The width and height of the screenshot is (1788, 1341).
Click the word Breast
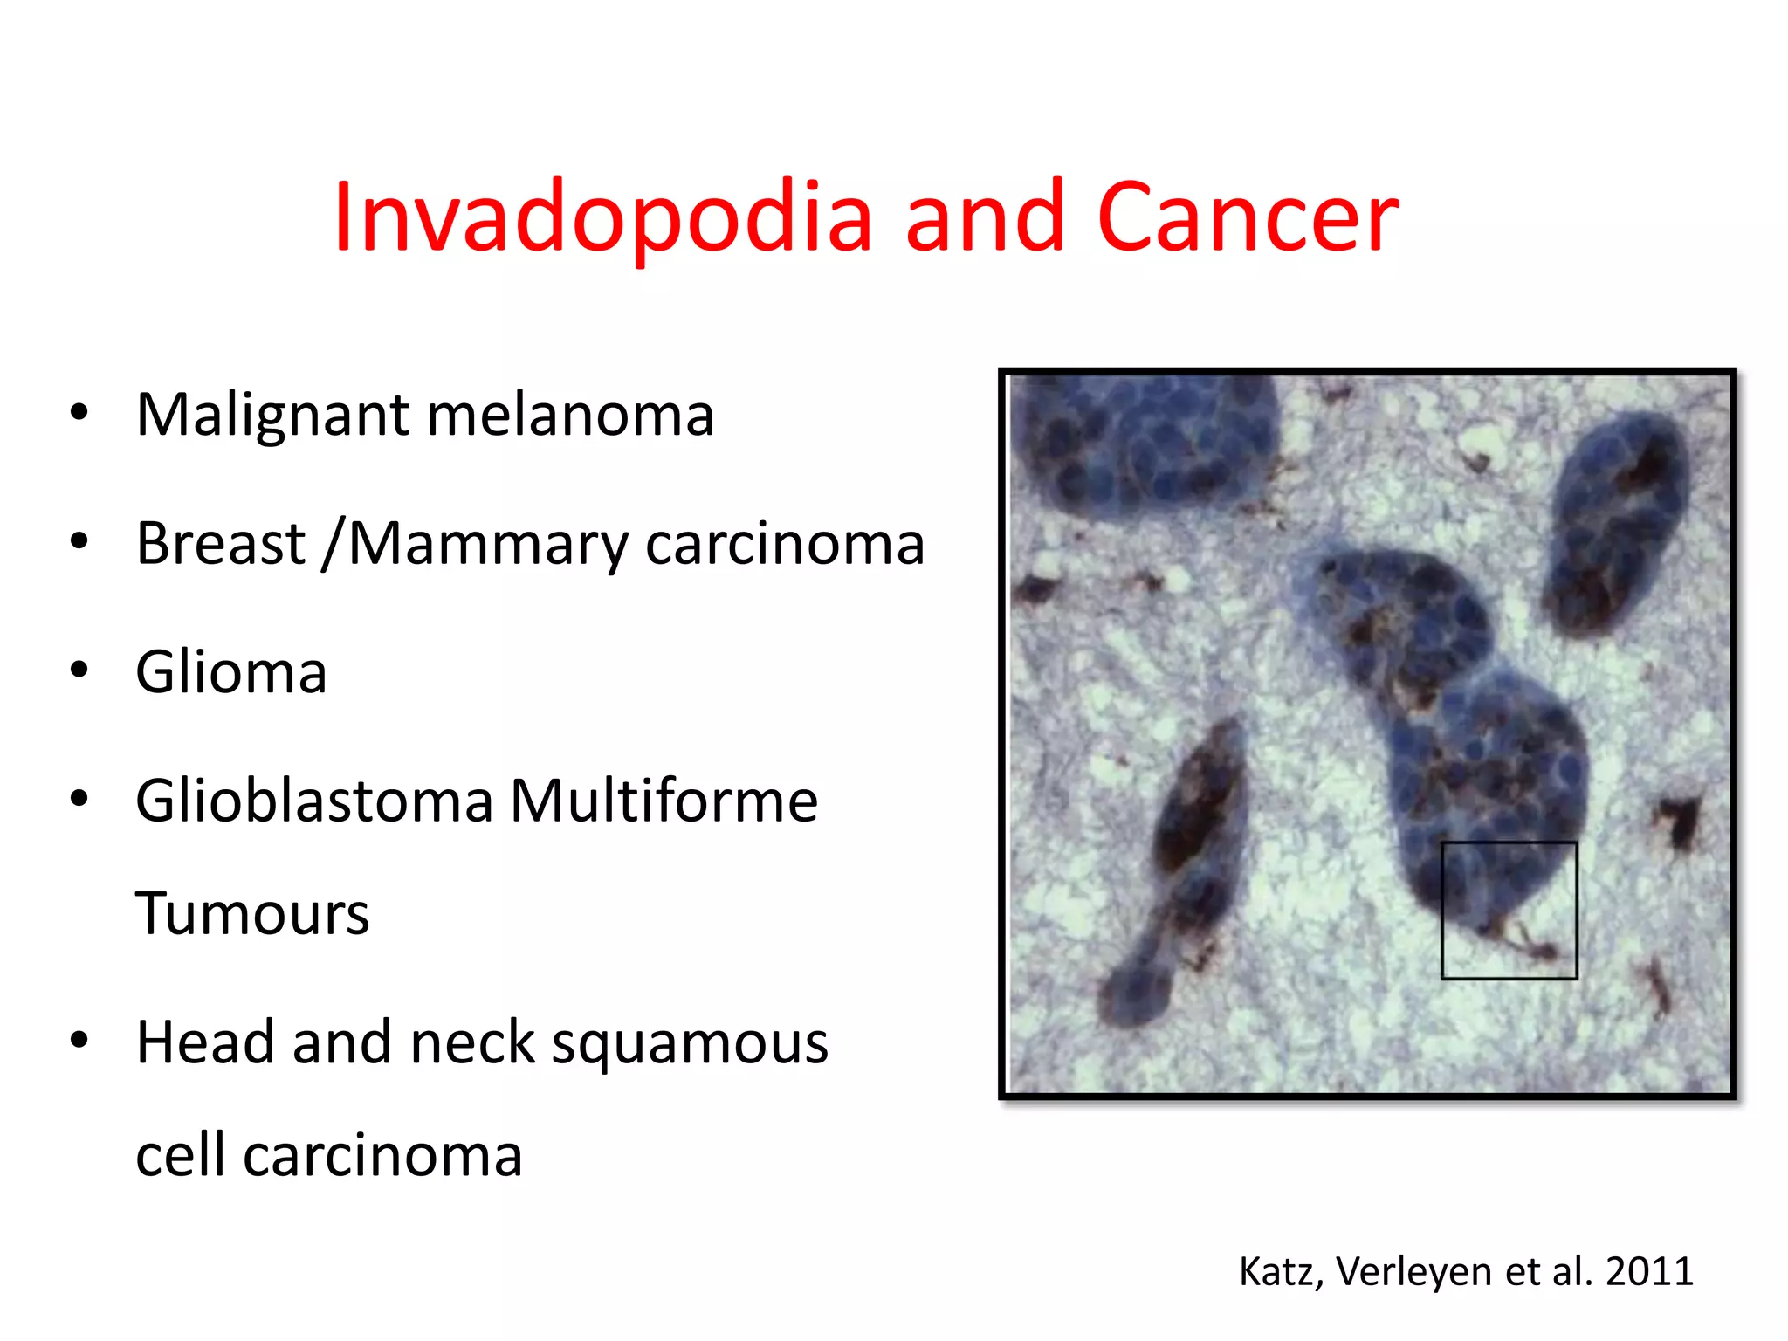point(220,543)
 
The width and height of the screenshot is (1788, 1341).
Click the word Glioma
point(231,672)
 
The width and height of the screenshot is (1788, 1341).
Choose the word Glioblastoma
point(314,801)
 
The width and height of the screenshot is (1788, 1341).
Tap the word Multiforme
point(664,801)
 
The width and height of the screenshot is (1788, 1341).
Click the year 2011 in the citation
point(1649,1271)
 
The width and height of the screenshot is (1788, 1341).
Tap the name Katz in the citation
point(1280,1272)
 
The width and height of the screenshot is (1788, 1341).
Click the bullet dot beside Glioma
point(79,670)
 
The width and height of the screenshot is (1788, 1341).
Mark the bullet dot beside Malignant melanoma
point(79,413)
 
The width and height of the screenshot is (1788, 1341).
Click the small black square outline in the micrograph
point(1509,910)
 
